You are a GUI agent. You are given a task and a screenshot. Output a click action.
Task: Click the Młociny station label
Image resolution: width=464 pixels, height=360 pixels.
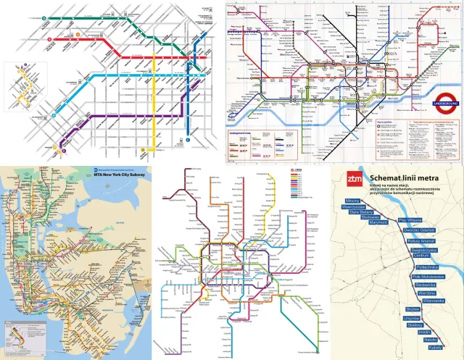click(354, 199)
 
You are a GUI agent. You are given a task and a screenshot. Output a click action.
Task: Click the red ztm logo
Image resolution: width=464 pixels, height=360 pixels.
click(354, 178)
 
